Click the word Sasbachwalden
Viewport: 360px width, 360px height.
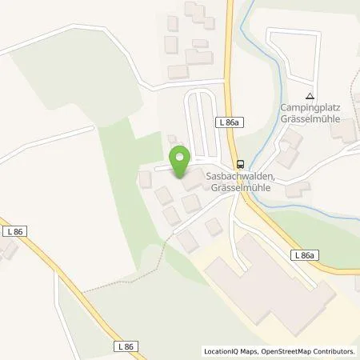241,176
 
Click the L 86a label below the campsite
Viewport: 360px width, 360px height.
303,254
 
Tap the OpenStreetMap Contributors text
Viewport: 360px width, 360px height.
308,351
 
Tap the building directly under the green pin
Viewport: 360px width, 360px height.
191,182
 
